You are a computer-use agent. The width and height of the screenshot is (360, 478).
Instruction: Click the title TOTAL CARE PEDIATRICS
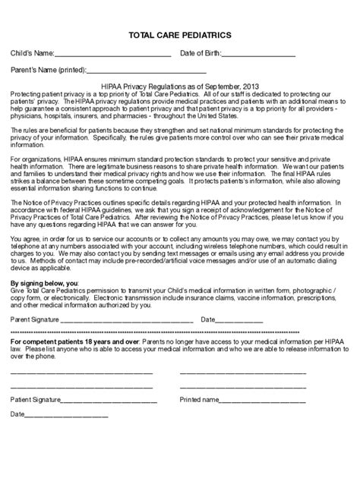click(179, 36)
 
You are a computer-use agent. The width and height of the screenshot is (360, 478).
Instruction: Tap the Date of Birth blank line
click(260, 55)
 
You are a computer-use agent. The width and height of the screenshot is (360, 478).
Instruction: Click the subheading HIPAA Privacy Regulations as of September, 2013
click(180, 86)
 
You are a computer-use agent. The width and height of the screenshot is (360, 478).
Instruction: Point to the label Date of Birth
click(200, 54)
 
